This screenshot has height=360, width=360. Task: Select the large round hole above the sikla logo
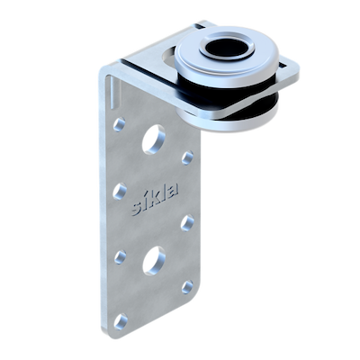pyautogui.click(x=154, y=139)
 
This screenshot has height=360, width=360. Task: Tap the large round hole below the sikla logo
pyautogui.click(x=154, y=261)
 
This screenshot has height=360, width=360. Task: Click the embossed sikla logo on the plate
pyautogui.click(x=156, y=199)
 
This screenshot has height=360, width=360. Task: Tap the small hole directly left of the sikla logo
pyautogui.click(x=120, y=192)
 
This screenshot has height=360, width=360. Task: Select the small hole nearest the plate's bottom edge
pyautogui.click(x=121, y=320)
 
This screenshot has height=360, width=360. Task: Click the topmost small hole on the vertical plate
pyautogui.click(x=119, y=124)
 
